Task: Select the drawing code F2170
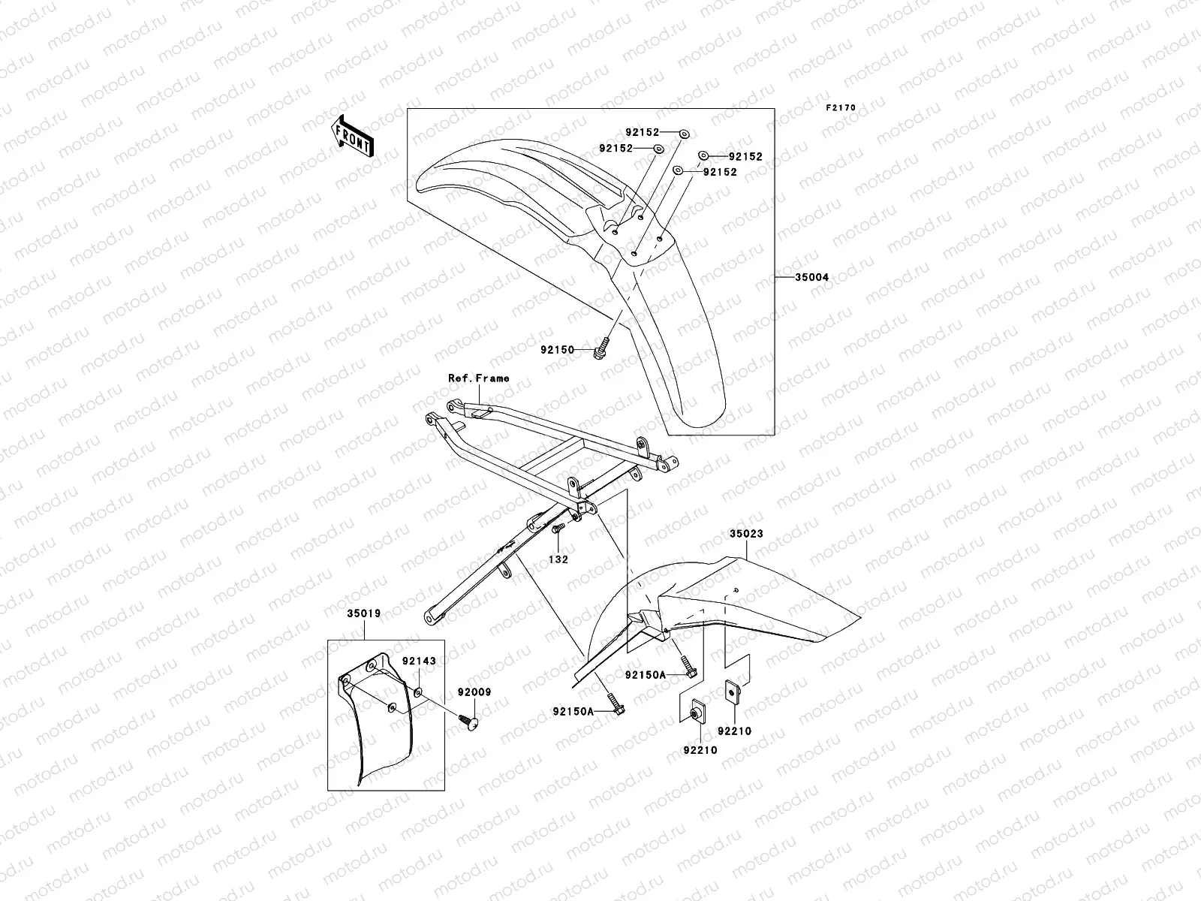pyautogui.click(x=841, y=108)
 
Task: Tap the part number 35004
pyautogui.click(x=812, y=278)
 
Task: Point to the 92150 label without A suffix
pyautogui.click(x=557, y=350)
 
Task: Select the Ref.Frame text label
pyautogui.click(x=478, y=378)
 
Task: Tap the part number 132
pyautogui.click(x=558, y=559)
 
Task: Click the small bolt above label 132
pyautogui.click(x=557, y=530)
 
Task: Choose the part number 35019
pyautogui.click(x=363, y=613)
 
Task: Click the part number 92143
pyautogui.click(x=418, y=661)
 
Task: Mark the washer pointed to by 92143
pyautogui.click(x=418, y=691)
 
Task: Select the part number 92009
pyautogui.click(x=474, y=693)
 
